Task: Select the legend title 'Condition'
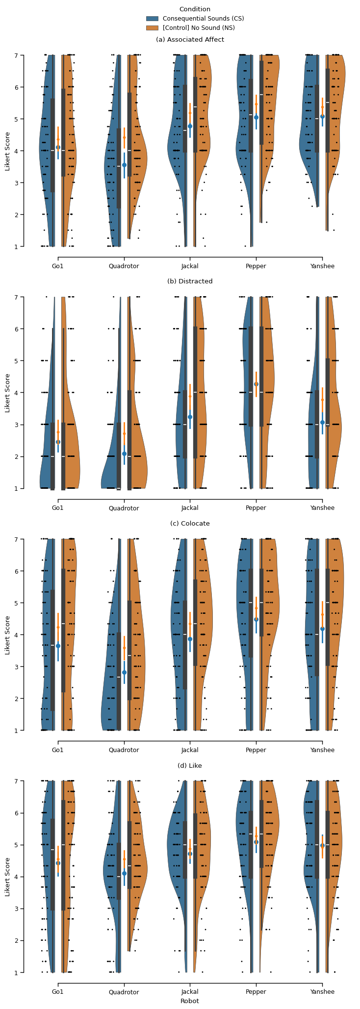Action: (x=195, y=9)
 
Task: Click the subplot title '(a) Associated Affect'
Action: (x=190, y=40)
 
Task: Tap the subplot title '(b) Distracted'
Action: (x=190, y=281)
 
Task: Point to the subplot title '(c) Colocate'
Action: (x=190, y=524)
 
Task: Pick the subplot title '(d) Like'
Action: (x=190, y=765)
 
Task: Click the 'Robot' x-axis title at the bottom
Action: (x=190, y=1001)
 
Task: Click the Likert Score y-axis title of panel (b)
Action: (x=7, y=393)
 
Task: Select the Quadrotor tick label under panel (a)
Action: (x=124, y=267)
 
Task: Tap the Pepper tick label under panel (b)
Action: (x=256, y=508)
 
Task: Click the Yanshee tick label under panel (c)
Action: (x=322, y=750)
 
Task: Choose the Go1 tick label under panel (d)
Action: (x=58, y=992)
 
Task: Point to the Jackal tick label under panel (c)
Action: (x=190, y=750)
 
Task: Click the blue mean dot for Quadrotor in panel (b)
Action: (x=124, y=454)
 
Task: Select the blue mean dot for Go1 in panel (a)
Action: (x=58, y=147)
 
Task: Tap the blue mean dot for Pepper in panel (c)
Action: (x=256, y=620)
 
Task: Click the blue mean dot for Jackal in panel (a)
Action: (x=190, y=126)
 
